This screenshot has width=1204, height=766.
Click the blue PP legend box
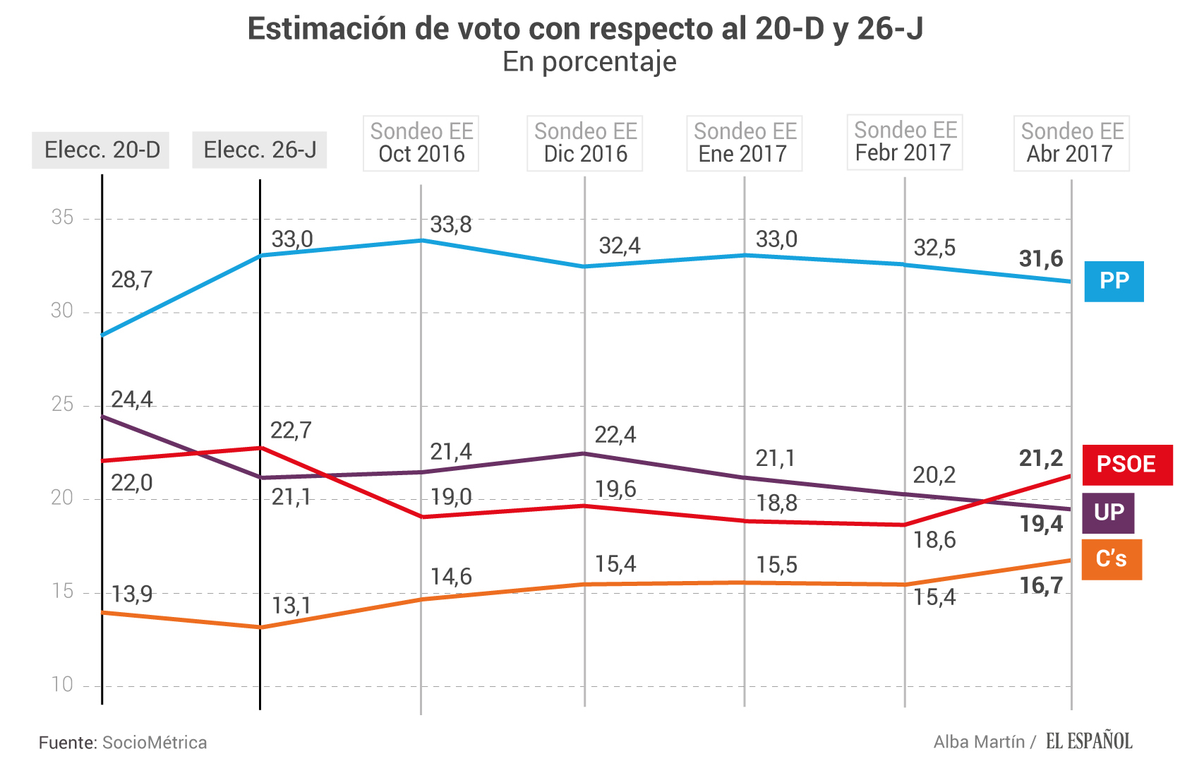coord(1114,281)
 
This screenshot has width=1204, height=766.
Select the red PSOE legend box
coord(1126,465)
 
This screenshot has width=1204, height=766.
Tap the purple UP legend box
coord(1108,513)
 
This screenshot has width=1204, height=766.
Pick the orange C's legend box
coord(1111,559)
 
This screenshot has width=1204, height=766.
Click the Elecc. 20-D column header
coord(101,150)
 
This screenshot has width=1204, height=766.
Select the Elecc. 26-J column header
coord(260,150)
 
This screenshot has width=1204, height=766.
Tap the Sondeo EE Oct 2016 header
coord(421,143)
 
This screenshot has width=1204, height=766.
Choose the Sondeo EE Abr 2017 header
coord(1071,143)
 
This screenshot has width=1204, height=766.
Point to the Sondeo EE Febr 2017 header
coord(905,142)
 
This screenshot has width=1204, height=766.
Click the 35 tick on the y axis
coord(62,217)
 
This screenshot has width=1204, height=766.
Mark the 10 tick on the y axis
coord(62,684)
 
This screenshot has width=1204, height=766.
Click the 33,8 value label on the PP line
coord(451,225)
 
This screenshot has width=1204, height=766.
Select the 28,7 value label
coord(132,280)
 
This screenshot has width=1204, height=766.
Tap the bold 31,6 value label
coord(1040,259)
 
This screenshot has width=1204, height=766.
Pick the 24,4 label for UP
coord(132,400)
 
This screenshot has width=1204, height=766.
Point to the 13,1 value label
coord(291,606)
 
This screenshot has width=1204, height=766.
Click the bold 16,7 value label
coord(1040,585)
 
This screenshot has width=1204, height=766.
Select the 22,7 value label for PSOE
coord(291,431)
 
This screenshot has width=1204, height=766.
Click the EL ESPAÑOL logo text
coord(1089,741)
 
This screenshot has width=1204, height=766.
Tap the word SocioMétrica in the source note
coord(155,743)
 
